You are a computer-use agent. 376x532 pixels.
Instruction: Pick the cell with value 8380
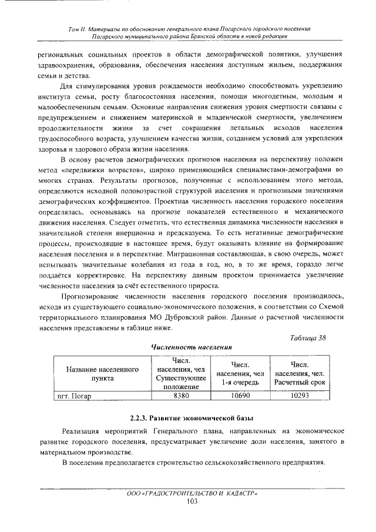pos(182,396)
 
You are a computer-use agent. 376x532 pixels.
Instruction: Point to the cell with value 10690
pos(241,396)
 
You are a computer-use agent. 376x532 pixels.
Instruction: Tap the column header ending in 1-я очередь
pos(241,374)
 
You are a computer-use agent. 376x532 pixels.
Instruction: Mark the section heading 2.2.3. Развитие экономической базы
pos(192,418)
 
